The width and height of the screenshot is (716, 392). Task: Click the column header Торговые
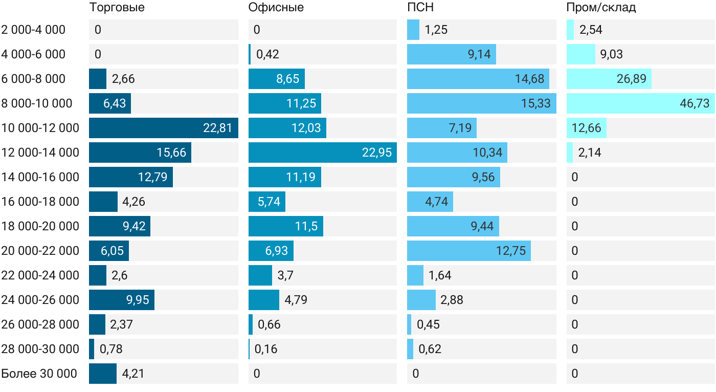[x=117, y=7]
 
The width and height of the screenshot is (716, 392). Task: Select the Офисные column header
[x=276, y=7]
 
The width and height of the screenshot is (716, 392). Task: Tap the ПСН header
[x=420, y=7]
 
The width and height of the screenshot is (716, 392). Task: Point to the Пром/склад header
[x=601, y=7]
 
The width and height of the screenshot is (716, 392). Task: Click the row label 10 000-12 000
[x=40, y=128]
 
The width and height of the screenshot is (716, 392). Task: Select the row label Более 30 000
[x=39, y=374]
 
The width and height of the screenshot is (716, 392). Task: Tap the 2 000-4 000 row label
[x=33, y=30]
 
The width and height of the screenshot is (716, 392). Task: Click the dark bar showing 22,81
[x=164, y=128]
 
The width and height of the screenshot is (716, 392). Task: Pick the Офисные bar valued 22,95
[x=323, y=153]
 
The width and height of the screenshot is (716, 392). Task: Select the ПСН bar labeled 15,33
[x=482, y=103]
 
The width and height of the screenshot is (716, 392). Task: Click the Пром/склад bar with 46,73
[x=640, y=103]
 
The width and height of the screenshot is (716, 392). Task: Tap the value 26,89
[x=631, y=79]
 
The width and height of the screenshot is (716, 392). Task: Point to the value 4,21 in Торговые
[x=133, y=374]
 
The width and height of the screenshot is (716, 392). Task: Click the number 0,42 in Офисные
[x=267, y=54]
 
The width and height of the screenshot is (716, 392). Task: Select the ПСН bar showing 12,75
[x=469, y=251]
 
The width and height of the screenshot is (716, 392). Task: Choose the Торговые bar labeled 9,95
[x=122, y=300]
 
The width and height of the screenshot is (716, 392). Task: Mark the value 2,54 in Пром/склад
[x=591, y=30]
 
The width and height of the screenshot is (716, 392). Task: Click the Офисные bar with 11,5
[x=286, y=226]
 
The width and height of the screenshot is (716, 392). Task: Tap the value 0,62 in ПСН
[x=430, y=349]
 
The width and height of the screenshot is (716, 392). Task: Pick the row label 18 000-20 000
[x=40, y=226]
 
